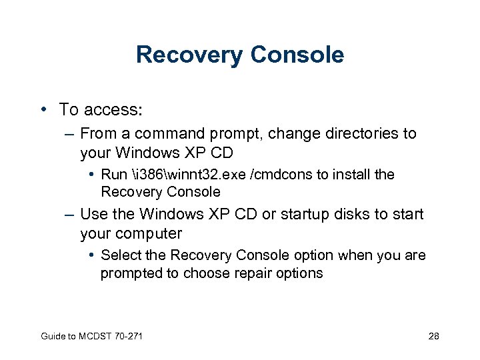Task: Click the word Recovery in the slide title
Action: point(188,55)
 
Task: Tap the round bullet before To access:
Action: point(43,108)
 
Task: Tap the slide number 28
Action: point(433,336)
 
